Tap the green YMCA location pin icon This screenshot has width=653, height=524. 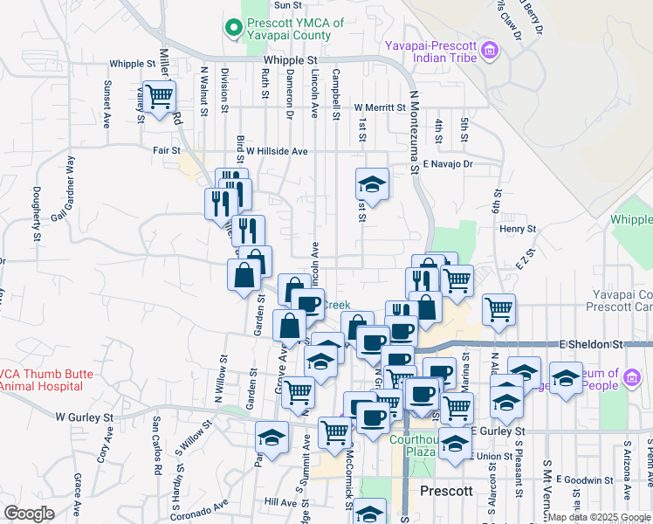pyautogui.click(x=233, y=29)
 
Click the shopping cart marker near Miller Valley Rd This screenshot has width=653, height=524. pyautogui.click(x=159, y=96)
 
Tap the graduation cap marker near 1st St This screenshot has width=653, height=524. pyautogui.click(x=372, y=184)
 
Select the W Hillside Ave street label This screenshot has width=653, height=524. pyautogui.click(x=277, y=151)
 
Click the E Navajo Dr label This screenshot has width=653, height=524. pyautogui.click(x=447, y=163)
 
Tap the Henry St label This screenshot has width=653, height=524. pyautogui.click(x=517, y=229)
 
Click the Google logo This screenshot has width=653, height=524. pyautogui.click(x=29, y=514)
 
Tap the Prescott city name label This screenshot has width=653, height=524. pyautogui.click(x=446, y=491)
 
